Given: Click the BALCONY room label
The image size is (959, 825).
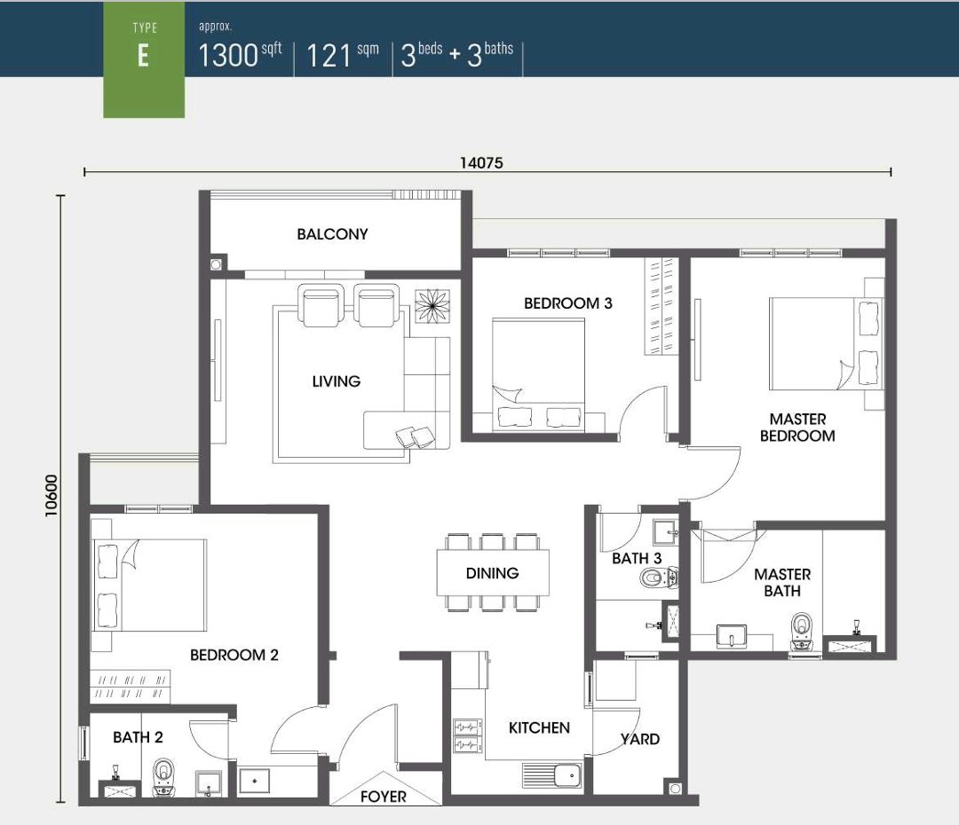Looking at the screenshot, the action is (332, 234).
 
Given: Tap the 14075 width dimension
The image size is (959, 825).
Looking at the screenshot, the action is (481, 162).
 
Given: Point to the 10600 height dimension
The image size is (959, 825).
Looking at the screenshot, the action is (52, 496).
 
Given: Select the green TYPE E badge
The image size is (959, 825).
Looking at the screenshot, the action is (144, 59).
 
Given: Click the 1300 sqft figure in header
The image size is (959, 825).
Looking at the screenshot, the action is (240, 55).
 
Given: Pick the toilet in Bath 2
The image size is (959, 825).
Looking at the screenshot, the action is (163, 777).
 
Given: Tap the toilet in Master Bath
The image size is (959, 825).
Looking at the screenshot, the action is (802, 632).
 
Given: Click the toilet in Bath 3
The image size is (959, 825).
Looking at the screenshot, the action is (659, 577).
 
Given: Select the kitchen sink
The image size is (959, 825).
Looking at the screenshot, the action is (551, 775).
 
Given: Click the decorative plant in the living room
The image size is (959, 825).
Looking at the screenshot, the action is (432, 305).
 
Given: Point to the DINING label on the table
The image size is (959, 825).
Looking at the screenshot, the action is (492, 573).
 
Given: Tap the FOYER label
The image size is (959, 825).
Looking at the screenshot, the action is (384, 797).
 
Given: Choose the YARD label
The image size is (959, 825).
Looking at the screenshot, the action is (640, 740).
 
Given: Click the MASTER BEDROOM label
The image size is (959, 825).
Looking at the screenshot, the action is (797, 428).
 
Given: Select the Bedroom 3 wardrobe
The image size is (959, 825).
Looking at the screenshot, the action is (662, 306).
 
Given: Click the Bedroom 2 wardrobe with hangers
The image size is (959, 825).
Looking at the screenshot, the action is (131, 687).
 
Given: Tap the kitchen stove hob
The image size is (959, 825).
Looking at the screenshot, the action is (467, 736).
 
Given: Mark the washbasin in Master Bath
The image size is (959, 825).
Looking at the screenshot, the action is (732, 636).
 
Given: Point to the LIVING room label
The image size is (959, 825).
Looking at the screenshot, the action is (337, 381).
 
